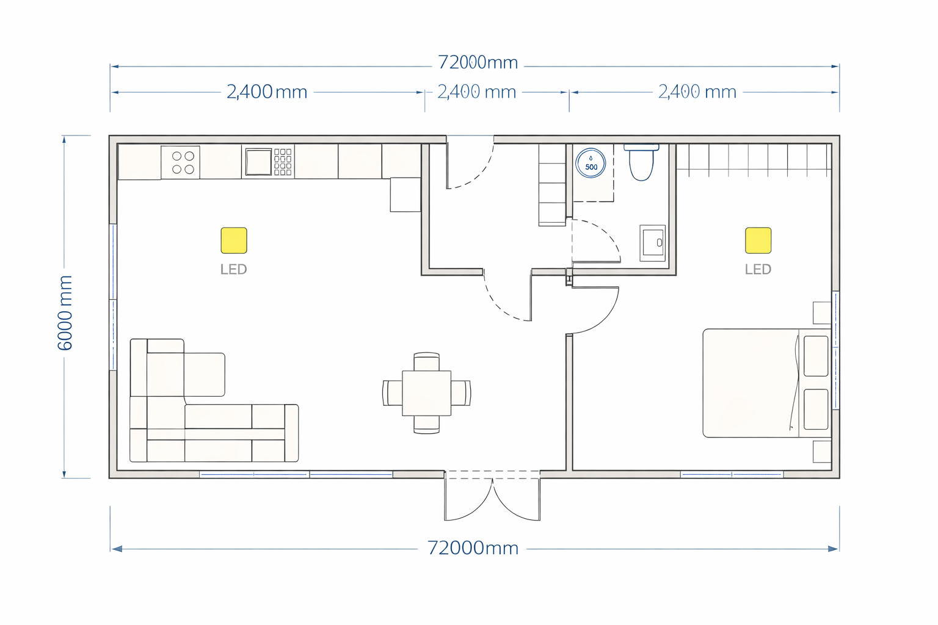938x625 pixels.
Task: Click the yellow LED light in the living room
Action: coord(234,240)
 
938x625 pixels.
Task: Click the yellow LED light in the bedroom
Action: coord(758,240)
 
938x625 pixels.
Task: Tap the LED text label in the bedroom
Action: coord(758,269)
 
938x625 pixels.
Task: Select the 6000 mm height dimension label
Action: coord(65,312)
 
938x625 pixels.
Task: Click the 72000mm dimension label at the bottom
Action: coord(473,548)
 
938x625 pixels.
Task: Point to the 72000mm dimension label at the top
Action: coord(478,63)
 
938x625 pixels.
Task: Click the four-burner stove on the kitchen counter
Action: coord(181,162)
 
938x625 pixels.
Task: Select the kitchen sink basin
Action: coord(258,162)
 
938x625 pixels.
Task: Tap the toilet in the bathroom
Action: coord(641,162)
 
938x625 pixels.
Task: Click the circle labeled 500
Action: coord(591,163)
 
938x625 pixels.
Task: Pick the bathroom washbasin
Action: coord(652,243)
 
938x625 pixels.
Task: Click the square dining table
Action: coord(427,393)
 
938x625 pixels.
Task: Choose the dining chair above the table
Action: coord(427,361)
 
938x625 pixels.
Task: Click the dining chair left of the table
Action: coord(393,393)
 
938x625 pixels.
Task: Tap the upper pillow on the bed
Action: coord(816,356)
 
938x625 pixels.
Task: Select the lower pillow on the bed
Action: coord(816,410)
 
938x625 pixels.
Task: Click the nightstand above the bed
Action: coord(822,312)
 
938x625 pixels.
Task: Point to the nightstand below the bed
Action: coord(822,451)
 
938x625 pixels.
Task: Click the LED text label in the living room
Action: coord(234,269)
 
